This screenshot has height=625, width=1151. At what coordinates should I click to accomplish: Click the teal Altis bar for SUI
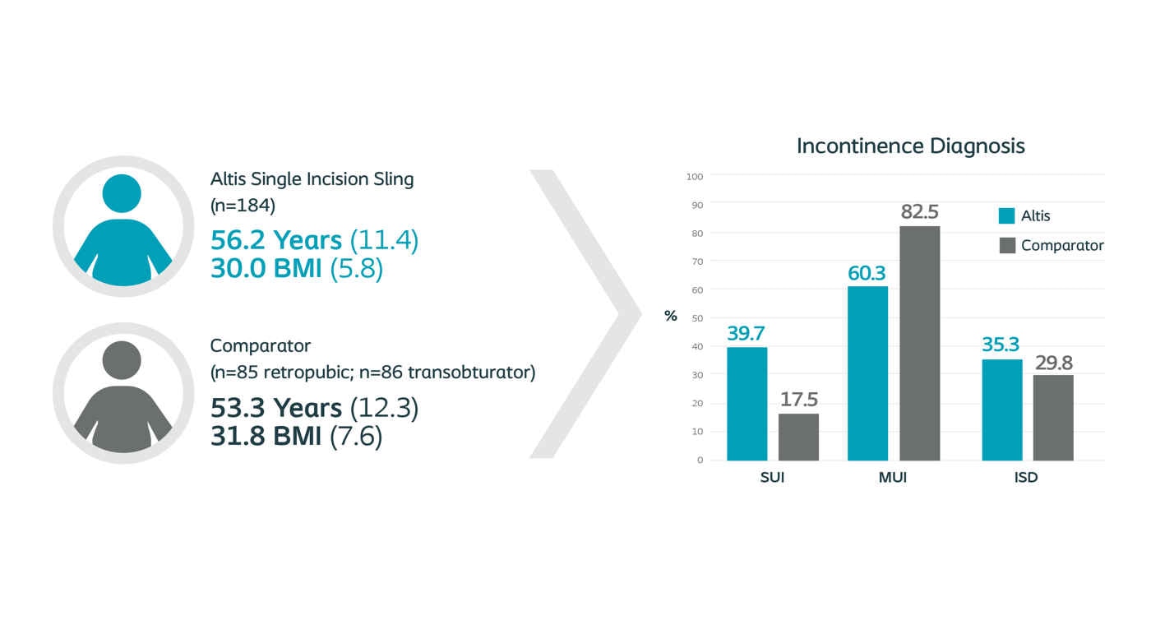[x=747, y=404]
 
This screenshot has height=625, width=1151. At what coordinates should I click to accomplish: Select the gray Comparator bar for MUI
[x=919, y=343]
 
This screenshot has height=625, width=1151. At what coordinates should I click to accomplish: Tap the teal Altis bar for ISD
[x=1002, y=410]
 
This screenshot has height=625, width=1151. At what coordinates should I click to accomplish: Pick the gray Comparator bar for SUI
[x=798, y=437]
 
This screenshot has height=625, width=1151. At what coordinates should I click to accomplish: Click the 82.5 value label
[x=919, y=212]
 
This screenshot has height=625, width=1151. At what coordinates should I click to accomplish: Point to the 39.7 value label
[x=746, y=334]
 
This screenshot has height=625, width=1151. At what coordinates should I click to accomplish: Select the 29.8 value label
[x=1053, y=363]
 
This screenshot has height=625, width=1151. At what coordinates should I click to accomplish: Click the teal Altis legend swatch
[x=1006, y=215]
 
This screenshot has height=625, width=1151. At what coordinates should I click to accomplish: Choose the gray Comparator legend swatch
[x=1007, y=245]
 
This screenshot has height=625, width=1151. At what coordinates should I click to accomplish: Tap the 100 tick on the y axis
[x=694, y=177]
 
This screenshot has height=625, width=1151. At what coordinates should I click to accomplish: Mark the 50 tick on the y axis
[x=697, y=318]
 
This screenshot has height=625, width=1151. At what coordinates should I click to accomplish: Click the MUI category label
[x=893, y=478]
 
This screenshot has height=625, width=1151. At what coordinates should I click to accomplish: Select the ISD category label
[x=1026, y=478]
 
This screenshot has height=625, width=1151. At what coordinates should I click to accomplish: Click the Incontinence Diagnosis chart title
[x=911, y=146]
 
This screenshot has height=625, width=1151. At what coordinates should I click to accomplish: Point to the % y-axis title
[x=671, y=316]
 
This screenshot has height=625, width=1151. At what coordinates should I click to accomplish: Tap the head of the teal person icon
[x=122, y=193]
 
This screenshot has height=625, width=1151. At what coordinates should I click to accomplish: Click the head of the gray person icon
[x=122, y=360]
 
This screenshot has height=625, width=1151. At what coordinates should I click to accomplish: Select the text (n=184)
[x=243, y=206]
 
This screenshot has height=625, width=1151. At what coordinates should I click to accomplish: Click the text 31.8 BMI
[x=266, y=436]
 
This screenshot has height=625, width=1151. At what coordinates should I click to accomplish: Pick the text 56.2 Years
[x=276, y=240]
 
